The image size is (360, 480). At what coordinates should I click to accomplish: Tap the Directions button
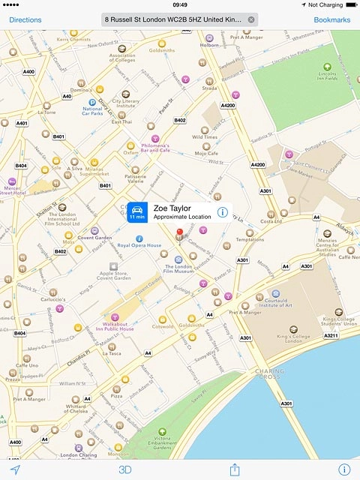[x=25, y=19]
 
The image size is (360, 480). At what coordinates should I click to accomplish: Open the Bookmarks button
[x=331, y=19]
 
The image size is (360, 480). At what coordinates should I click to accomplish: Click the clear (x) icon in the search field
[x=251, y=19]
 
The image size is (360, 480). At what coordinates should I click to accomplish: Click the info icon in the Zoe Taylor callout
[x=223, y=213]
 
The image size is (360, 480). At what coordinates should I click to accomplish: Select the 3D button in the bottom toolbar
[x=125, y=469]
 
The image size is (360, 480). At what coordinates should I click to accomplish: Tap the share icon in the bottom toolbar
[x=235, y=469]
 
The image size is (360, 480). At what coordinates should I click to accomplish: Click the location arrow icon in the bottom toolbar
[x=15, y=469]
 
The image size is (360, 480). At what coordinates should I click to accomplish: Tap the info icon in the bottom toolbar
[x=344, y=469]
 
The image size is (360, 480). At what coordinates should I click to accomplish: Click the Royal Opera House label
[x=139, y=245]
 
